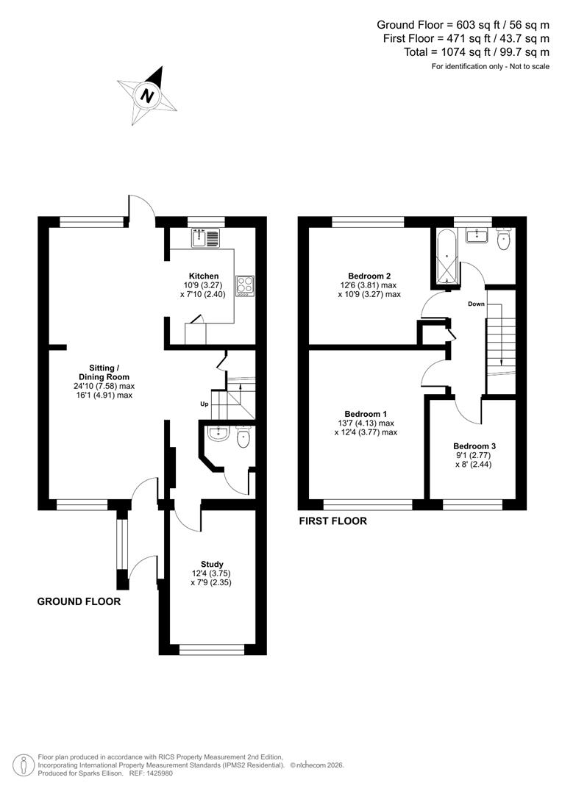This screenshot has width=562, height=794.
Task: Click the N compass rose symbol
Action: tap(148, 95)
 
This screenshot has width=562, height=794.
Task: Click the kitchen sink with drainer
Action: tap(205, 237)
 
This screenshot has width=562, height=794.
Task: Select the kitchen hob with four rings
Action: tap(245, 285)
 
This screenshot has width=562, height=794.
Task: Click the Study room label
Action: tap(211, 565)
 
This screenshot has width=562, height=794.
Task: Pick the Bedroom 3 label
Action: tap(474, 446)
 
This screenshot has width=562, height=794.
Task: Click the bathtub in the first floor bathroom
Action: tap(446, 258)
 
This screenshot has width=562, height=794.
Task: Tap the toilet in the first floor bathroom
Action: tap(504, 240)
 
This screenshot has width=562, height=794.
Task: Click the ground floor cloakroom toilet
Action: tap(243, 437)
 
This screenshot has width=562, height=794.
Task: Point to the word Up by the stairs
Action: tap(204, 404)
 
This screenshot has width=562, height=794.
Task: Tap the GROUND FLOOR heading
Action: tap(79, 601)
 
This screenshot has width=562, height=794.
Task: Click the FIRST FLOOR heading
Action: tap(332, 521)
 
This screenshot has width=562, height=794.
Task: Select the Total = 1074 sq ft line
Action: tap(476, 52)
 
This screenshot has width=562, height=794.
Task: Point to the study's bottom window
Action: tap(212, 648)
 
